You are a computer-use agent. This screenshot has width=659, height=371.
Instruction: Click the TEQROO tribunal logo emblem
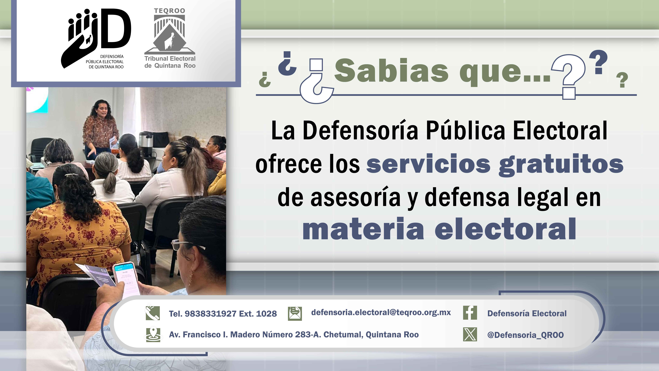(x=170, y=33)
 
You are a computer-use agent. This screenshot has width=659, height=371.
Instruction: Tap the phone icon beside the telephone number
(x=153, y=313)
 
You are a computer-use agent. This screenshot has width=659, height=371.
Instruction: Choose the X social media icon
(x=470, y=334)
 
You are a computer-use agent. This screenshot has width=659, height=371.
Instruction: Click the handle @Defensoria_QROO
(x=525, y=335)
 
